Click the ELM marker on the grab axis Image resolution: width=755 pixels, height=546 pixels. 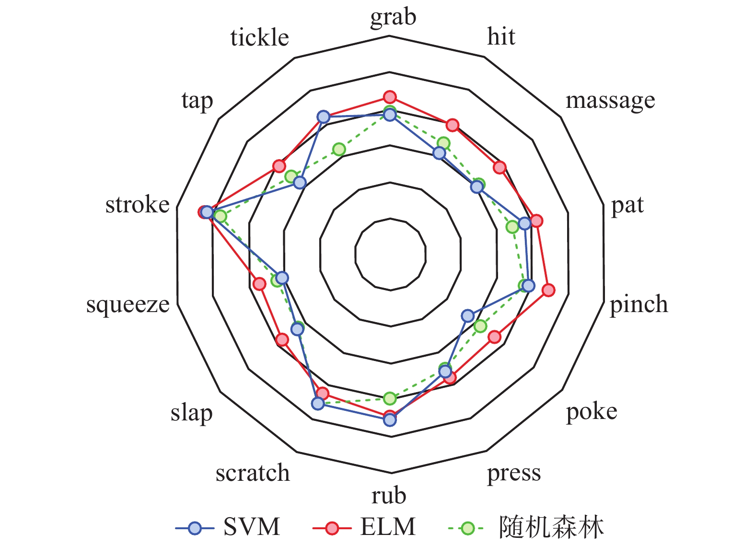tap(390, 97)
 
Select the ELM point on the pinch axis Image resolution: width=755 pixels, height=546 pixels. tap(548, 290)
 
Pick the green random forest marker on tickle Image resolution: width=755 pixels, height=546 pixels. tap(339, 149)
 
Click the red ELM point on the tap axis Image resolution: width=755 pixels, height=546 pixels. tap(279, 166)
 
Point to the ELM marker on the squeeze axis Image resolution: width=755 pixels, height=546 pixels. tap(259, 284)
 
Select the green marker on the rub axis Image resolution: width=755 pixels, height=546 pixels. tap(390, 398)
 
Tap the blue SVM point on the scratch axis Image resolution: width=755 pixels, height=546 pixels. tap(317, 404)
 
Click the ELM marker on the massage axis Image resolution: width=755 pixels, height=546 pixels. tap(500, 167)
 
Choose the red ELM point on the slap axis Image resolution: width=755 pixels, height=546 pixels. tap(282, 340)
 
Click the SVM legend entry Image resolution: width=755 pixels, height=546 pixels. tap(228, 527)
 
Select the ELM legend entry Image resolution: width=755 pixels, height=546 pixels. tap(364, 527)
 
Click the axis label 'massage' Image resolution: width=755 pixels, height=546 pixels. tap(610, 101)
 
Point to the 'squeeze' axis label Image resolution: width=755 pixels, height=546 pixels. tap(128, 304)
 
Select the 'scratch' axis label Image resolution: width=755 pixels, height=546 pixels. tap(253, 473)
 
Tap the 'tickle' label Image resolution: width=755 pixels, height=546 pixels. tap(259, 37)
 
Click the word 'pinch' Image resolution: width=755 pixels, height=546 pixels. tap(639, 304)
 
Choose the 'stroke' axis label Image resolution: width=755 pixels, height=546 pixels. tap(138, 205)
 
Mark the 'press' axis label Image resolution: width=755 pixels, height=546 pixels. tap(514, 473)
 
